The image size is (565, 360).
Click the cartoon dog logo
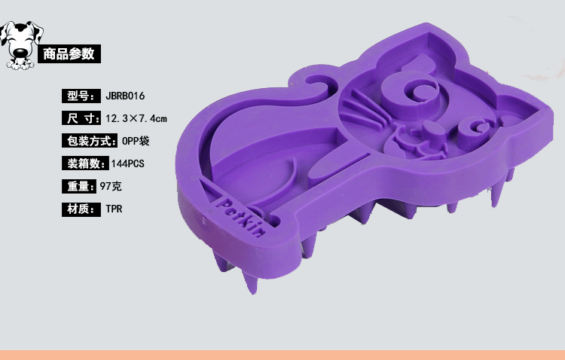click(21, 45)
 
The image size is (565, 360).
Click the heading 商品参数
click(69, 54)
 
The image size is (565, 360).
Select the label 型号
click(81, 96)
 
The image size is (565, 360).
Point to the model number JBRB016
click(125, 96)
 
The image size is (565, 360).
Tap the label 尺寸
click(81, 118)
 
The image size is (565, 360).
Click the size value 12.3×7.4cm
click(136, 118)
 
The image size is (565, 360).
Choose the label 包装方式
click(90, 141)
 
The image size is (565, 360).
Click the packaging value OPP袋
click(136, 141)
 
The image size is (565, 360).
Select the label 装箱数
click(85, 163)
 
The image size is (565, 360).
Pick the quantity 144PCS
click(127, 163)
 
